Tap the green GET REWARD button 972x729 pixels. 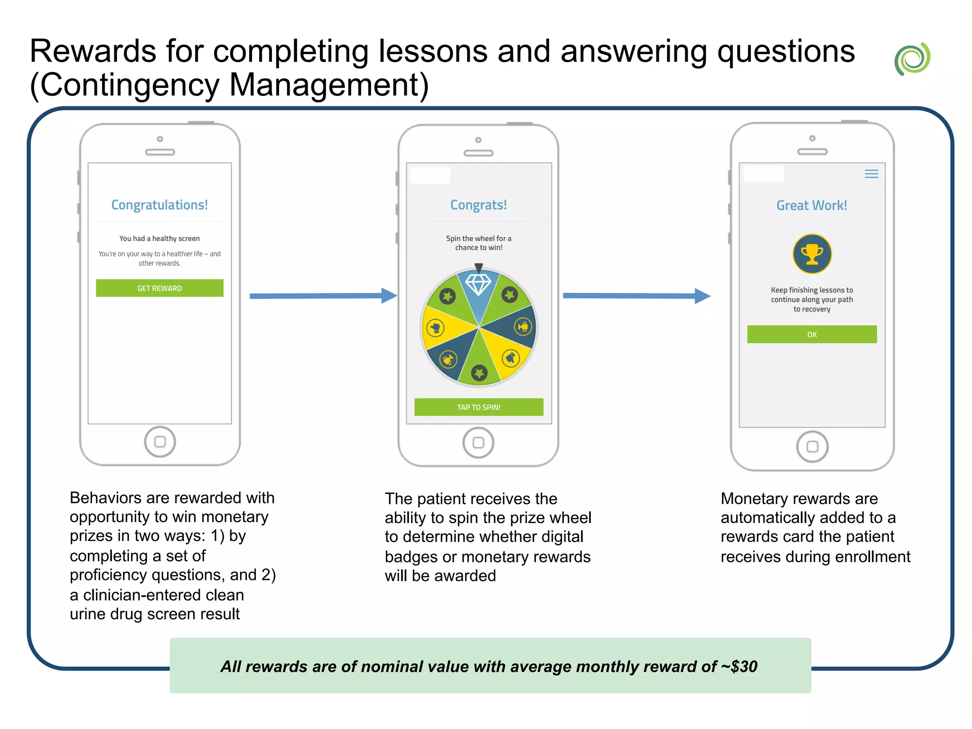(159, 288)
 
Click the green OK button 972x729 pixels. (812, 335)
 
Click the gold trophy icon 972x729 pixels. (812, 254)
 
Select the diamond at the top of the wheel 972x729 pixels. (478, 284)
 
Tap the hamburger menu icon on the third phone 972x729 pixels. (871, 174)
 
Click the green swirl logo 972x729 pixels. (912, 59)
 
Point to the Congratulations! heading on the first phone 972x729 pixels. (159, 205)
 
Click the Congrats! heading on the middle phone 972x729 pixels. (478, 205)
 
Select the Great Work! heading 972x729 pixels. (812, 206)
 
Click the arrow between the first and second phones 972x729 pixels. (323, 296)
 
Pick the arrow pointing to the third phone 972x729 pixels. (636, 296)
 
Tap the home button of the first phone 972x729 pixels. (160, 442)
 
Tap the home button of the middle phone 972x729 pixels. (478, 443)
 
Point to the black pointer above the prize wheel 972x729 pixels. (479, 268)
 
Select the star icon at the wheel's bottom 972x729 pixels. (479, 373)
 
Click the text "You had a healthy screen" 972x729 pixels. (159, 239)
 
